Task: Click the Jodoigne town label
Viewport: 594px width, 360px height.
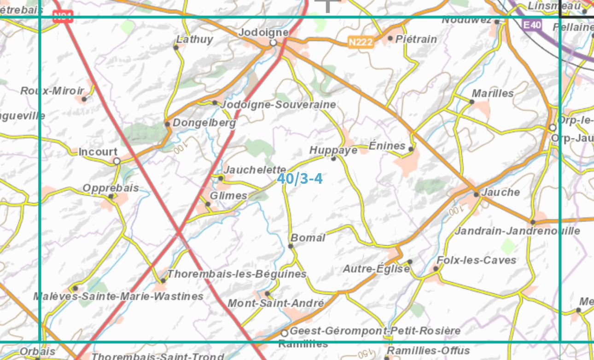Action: (x=263, y=33)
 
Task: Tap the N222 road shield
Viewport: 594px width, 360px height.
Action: (x=360, y=42)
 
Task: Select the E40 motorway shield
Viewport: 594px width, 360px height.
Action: (x=532, y=24)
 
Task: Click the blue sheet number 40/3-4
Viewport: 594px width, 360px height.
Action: (x=300, y=179)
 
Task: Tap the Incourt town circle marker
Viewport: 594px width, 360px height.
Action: (x=117, y=161)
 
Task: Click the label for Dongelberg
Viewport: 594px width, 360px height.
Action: (x=204, y=123)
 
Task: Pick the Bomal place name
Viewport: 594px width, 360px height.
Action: (x=308, y=238)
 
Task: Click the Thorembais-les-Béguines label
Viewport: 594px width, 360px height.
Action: (x=237, y=274)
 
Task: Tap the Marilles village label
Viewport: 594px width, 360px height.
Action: (x=493, y=93)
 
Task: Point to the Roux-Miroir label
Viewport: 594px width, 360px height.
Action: (x=52, y=91)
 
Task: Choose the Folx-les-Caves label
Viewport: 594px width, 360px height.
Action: (x=477, y=261)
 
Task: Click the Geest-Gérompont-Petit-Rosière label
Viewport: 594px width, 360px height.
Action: (x=375, y=331)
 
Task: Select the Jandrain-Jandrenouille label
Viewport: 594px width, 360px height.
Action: (x=517, y=231)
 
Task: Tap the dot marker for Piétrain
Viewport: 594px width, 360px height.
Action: (x=390, y=38)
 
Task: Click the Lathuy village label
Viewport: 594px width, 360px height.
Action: (x=195, y=40)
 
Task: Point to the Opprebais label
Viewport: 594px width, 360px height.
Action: (x=111, y=188)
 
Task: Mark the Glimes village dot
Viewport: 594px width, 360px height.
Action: (x=208, y=204)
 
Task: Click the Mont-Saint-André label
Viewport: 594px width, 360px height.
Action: (x=276, y=303)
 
